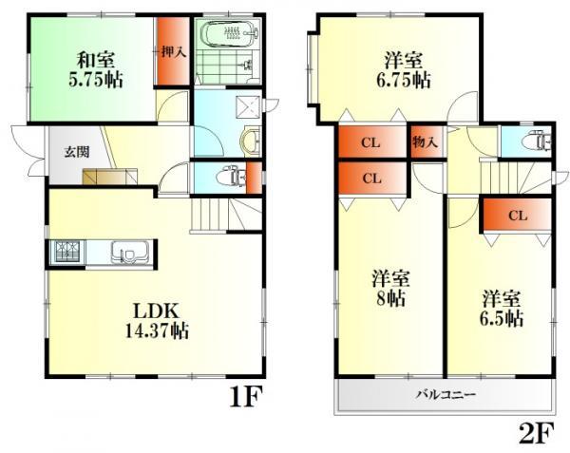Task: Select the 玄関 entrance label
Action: pyautogui.click(x=78, y=152)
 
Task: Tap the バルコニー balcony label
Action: pyautogui.click(x=445, y=393)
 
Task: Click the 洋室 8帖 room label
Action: pyautogui.click(x=390, y=288)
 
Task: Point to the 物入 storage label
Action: pyautogui.click(x=425, y=143)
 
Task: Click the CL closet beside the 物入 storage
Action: pyautogui.click(x=371, y=144)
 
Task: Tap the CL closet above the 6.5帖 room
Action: pyautogui.click(x=516, y=216)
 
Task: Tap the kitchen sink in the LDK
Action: pyautogui.click(x=125, y=253)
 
